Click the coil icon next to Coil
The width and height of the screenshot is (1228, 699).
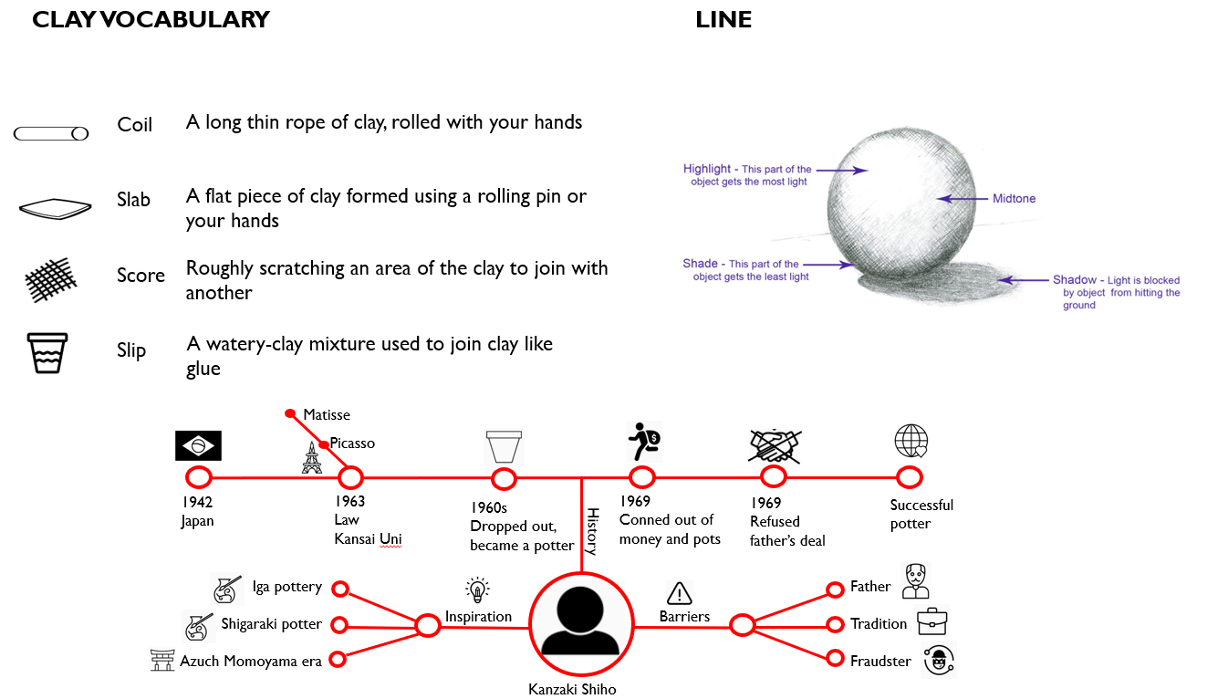(51, 133)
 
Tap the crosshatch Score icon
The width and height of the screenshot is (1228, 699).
(51, 279)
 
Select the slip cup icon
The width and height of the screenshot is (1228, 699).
(47, 353)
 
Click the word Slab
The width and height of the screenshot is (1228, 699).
(133, 200)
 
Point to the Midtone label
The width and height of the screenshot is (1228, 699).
(1014, 198)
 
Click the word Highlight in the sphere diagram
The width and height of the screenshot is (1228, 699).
(707, 168)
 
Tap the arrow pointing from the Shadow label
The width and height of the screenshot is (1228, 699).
(1023, 280)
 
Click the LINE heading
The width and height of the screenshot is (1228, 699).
(723, 20)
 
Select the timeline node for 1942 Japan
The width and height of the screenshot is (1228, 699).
(199, 477)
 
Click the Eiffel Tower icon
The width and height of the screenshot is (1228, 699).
(311, 458)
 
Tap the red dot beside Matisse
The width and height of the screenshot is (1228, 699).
(290, 413)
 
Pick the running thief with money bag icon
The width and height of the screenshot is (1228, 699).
(644, 442)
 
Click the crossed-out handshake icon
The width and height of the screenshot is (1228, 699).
(774, 446)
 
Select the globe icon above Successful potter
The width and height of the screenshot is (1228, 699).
(911, 441)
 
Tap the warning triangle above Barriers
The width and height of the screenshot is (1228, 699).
(680, 593)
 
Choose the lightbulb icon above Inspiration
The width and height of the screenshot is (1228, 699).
(477, 589)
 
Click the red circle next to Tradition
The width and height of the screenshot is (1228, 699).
(835, 624)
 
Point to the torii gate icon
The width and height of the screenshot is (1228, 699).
(162, 660)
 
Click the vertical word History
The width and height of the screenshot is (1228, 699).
(593, 531)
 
